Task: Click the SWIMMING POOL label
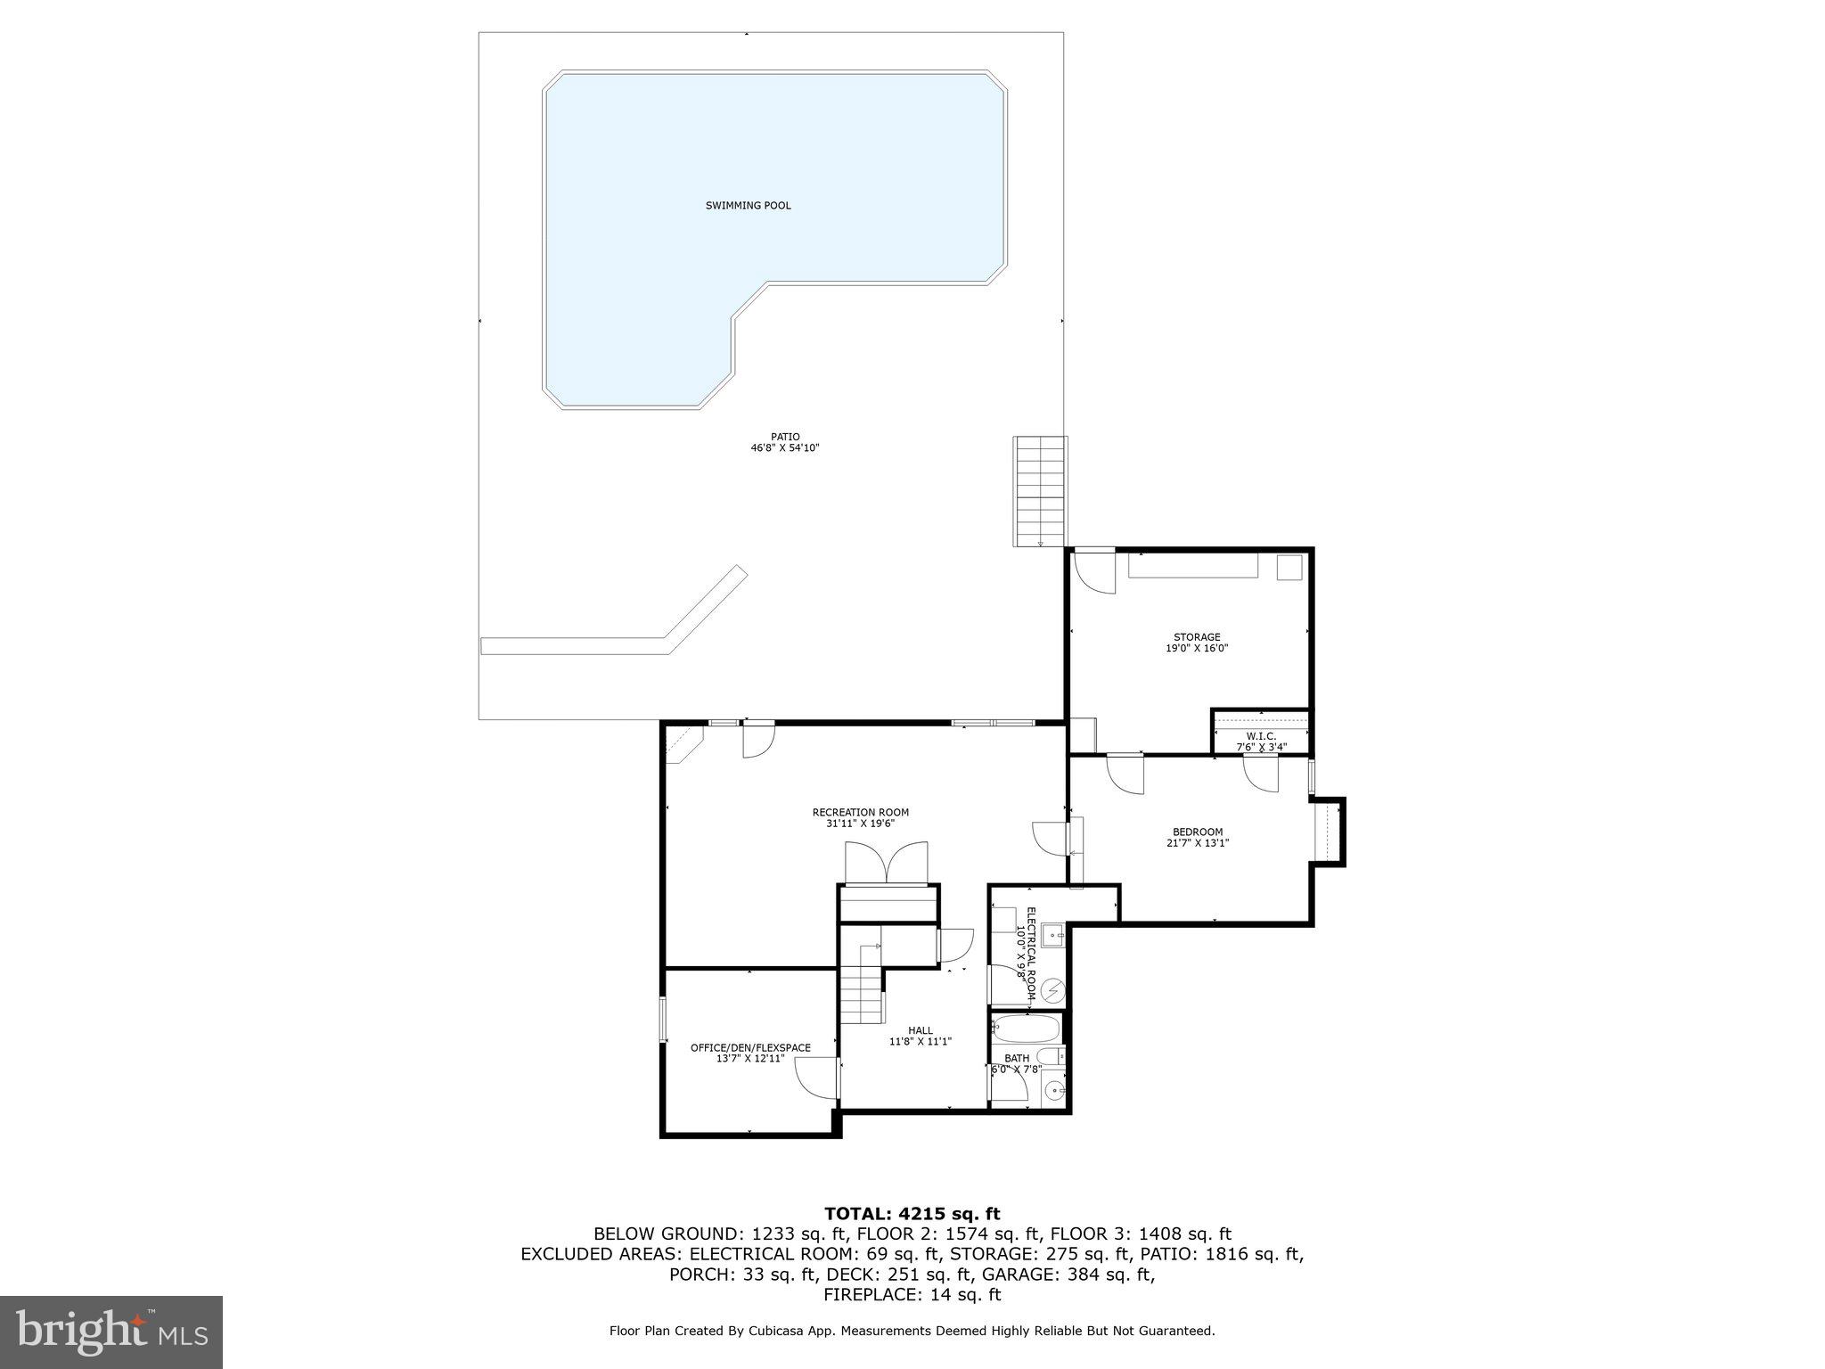748,206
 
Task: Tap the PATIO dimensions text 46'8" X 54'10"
784,448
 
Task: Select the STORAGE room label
1196,637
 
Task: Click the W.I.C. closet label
1261,736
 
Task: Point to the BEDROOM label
1198,832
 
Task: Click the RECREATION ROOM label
860,812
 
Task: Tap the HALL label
920,1030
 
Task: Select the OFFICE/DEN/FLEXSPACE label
750,1047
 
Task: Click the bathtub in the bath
1026,1030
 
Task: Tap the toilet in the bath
1052,1057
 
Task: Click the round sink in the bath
1053,1090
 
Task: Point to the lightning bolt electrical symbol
1054,990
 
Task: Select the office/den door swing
816,1080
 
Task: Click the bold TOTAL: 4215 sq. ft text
912,1214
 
